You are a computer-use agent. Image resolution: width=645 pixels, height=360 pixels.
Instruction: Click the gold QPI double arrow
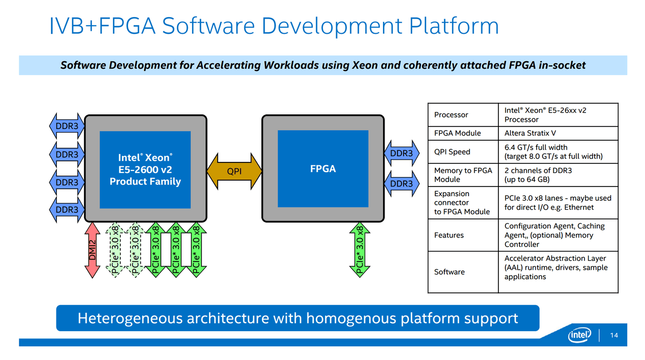click(234, 171)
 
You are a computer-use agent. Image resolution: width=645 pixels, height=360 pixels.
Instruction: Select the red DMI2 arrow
click(92, 250)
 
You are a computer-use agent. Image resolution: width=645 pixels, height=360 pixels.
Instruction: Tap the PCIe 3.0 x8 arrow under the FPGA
click(360, 250)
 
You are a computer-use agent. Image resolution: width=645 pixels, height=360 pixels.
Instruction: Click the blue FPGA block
click(322, 168)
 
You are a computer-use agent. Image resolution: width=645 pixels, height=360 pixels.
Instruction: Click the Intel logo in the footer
click(579, 335)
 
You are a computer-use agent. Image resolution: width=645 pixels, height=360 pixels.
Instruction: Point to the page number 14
click(614, 336)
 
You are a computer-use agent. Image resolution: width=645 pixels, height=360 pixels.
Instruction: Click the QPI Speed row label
click(452, 152)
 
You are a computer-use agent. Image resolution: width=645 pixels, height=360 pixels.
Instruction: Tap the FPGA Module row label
click(457, 133)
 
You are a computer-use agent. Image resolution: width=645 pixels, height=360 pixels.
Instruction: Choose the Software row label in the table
click(449, 272)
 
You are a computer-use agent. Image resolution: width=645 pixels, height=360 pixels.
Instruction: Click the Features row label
click(448, 235)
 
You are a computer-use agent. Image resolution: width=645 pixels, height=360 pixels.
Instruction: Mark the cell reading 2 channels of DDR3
click(538, 175)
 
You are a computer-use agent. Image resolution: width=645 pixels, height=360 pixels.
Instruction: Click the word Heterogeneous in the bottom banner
click(130, 318)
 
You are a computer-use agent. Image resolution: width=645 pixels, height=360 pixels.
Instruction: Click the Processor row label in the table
click(451, 114)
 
